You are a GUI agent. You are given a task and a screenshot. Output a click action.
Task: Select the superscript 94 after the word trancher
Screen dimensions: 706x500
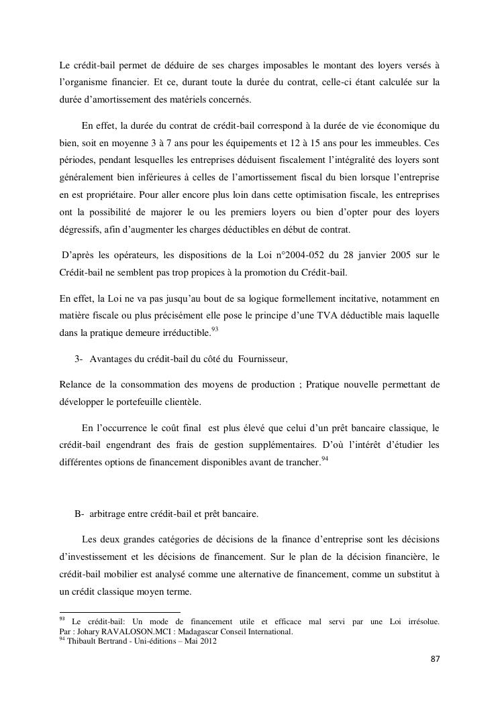pos(324,458)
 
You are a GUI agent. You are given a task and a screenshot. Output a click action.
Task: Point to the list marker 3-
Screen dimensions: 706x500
pos(79,359)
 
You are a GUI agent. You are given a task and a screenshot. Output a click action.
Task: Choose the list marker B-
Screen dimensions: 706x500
pos(79,514)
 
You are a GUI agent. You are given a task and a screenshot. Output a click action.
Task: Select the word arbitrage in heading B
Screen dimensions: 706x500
pos(107,514)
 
